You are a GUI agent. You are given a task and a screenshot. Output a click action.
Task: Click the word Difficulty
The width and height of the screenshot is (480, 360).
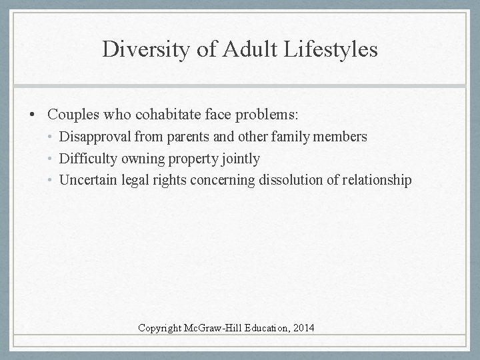88,159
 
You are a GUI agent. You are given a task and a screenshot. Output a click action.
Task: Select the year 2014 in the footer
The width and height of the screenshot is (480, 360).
302,327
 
